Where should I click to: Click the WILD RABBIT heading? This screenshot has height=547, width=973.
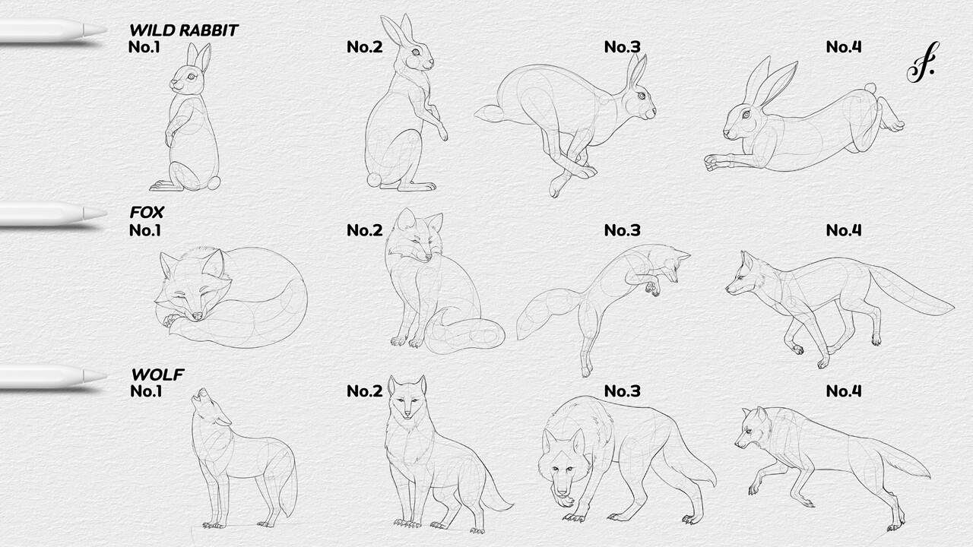183,30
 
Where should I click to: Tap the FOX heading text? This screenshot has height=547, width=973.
147,213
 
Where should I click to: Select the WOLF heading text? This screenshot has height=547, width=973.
157,375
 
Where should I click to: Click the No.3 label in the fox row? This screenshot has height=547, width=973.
622,230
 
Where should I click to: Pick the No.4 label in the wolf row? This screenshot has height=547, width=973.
844,391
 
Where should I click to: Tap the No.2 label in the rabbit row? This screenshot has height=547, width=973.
364,47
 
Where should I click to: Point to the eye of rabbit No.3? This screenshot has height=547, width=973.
642,96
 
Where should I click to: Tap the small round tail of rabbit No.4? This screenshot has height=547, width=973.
870,89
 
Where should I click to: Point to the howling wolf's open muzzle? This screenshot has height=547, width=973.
201,395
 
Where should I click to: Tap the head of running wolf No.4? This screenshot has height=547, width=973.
755,429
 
